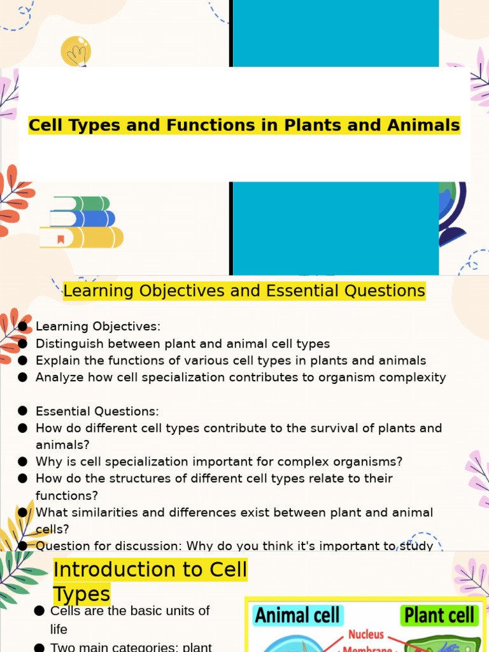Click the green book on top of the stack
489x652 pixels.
(81, 204)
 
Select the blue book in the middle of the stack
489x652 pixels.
(82, 219)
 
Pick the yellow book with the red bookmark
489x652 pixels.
(81, 237)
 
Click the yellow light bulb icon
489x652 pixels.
(76, 51)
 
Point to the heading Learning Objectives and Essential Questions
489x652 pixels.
(244, 291)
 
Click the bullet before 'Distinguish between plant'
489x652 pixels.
(23, 344)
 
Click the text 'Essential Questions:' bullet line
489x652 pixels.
(97, 411)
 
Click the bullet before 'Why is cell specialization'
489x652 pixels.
(23, 462)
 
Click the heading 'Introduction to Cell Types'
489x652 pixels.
(150, 581)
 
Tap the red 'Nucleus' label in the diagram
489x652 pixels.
(365, 635)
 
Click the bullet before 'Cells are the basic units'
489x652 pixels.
(38, 611)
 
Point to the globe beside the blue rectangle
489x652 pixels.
(453, 213)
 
